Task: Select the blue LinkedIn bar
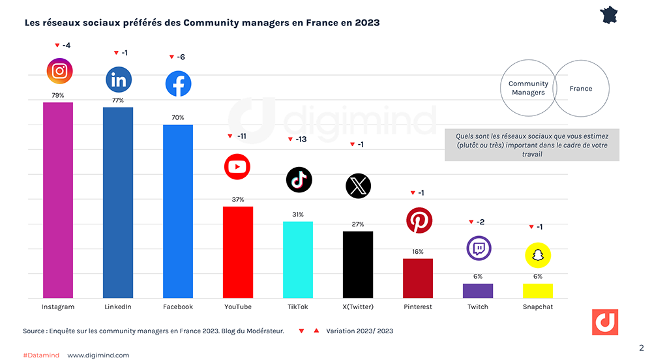(118, 202)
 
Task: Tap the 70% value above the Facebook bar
(177, 117)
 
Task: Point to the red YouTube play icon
(237, 167)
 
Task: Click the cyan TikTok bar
(297, 260)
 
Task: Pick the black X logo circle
(358, 186)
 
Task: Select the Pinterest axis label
(418, 307)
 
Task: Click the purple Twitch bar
(478, 291)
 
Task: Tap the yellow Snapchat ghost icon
(538, 255)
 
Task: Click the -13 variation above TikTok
(301, 140)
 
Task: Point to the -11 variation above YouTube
(241, 136)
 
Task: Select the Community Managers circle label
(528, 88)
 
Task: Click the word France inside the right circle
(581, 88)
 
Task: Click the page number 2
(641, 348)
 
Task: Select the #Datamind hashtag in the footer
(40, 355)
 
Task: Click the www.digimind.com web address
(98, 355)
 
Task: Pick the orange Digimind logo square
(605, 322)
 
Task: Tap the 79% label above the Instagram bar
(58, 95)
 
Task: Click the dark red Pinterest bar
(418, 278)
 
